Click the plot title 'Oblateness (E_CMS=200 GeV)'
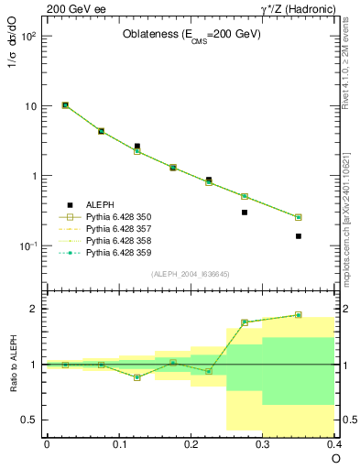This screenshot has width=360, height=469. coord(191,35)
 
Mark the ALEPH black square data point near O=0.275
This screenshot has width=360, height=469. coord(245,213)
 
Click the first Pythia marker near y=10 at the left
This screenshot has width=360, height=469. coord(65,105)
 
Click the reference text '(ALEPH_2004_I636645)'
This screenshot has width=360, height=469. coord(191,274)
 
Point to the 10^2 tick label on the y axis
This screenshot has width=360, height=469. coord(27,37)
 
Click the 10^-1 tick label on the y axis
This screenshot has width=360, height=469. coord(27,246)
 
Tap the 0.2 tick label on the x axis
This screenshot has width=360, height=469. coord(191,444)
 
